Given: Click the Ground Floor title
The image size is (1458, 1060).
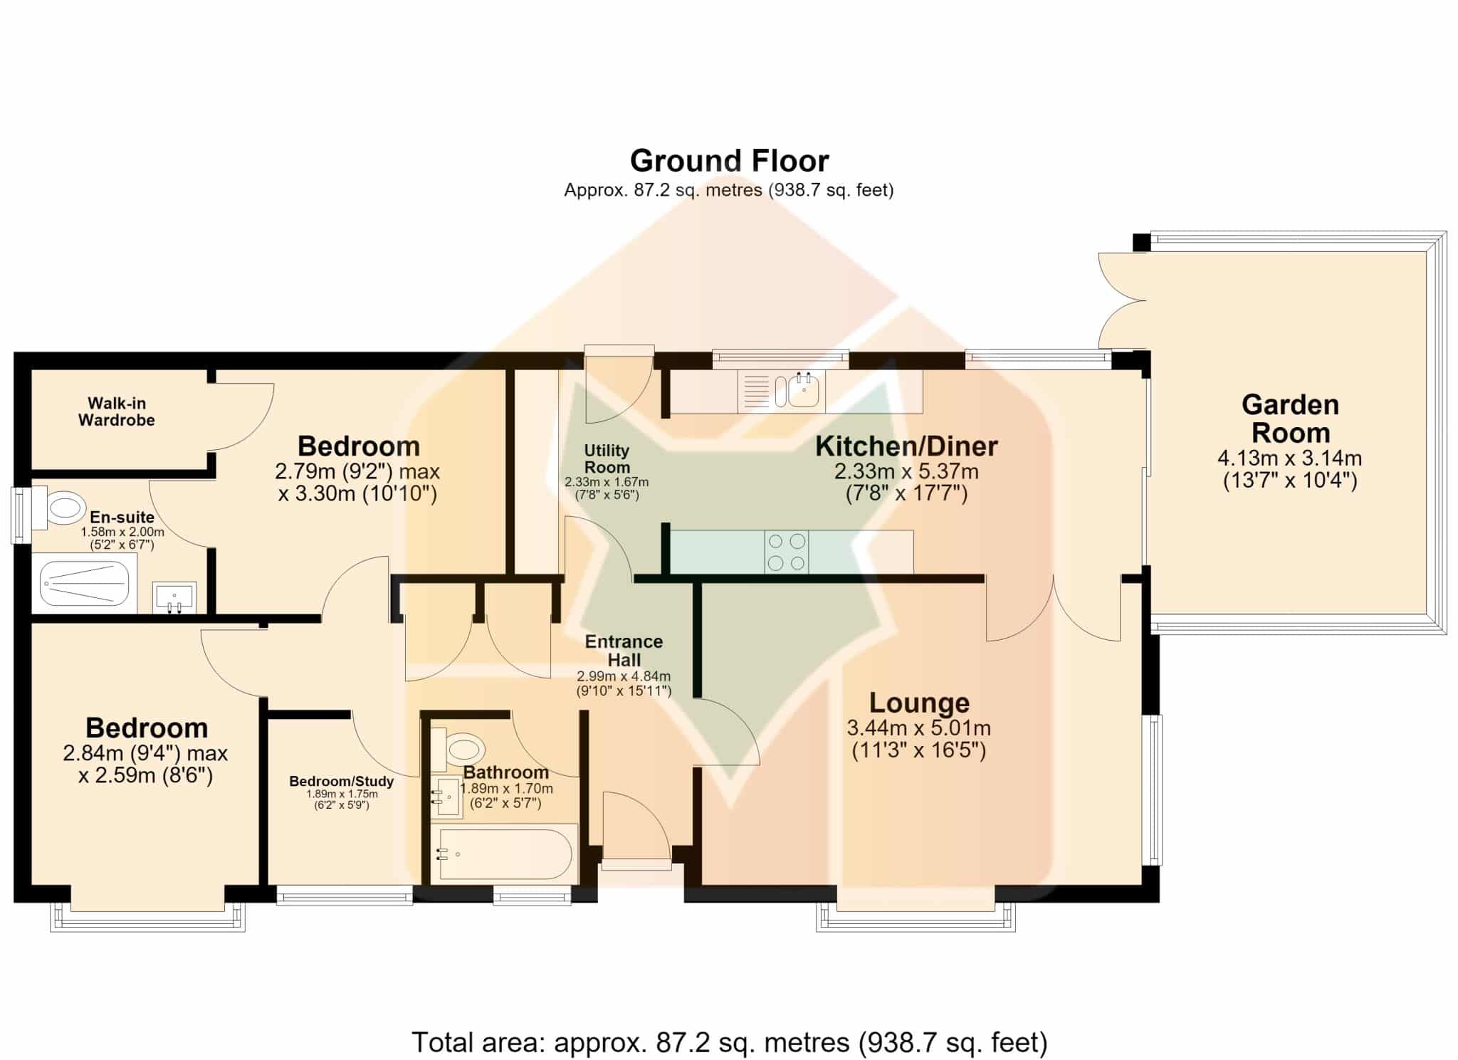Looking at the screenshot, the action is click(729, 161).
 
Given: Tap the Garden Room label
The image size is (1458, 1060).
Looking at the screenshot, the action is click(1290, 419).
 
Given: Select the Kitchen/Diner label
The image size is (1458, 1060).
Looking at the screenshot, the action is click(906, 446).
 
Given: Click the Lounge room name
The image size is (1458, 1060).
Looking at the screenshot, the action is click(919, 703).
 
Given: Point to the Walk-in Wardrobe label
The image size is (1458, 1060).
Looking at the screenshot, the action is click(117, 411).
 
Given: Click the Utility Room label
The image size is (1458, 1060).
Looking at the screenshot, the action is click(607, 459).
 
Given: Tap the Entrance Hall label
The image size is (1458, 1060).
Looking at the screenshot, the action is click(624, 651).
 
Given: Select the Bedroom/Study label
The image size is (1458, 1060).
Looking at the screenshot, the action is click(342, 782).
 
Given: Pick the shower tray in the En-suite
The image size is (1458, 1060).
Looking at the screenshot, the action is click(85, 583).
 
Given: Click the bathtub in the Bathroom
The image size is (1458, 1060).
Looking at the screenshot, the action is click(504, 854).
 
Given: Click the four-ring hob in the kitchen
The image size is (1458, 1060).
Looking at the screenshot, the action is click(787, 552).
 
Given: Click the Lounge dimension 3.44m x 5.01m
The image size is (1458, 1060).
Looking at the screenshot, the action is click(919, 728).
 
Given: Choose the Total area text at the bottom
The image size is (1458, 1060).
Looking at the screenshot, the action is click(730, 1042).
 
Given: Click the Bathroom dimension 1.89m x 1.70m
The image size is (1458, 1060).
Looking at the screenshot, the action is click(507, 789).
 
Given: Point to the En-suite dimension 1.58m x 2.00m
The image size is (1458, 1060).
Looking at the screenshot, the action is click(122, 532).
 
